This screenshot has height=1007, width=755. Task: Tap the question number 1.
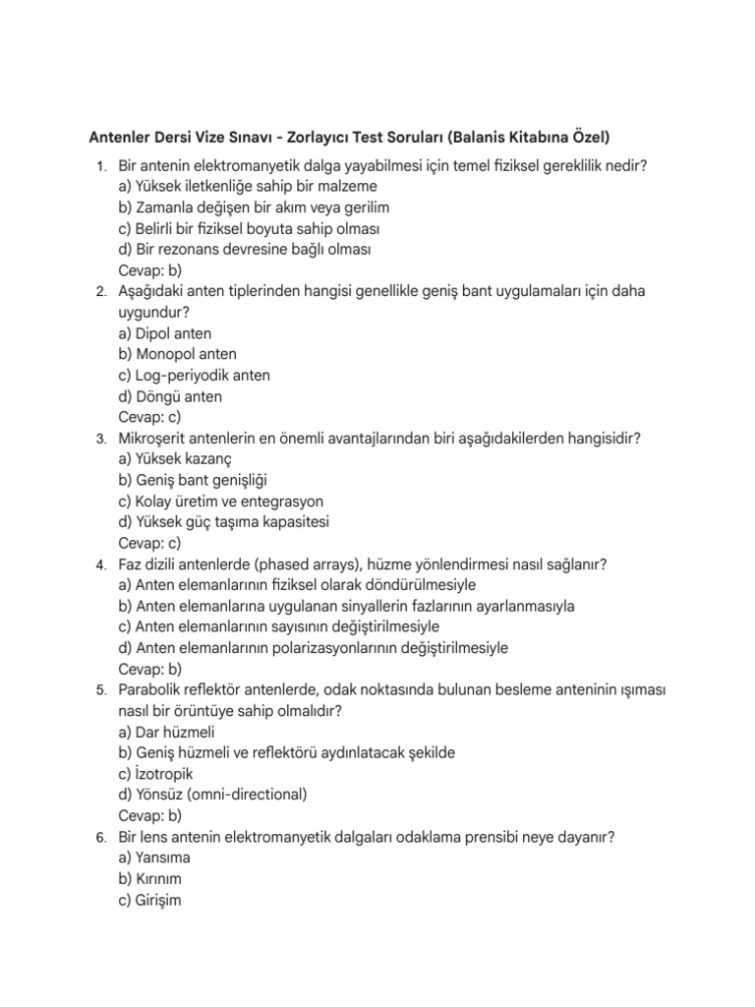click(101, 166)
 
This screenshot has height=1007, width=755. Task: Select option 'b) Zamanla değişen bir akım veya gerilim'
click(254, 207)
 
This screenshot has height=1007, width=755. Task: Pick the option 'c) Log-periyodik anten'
click(194, 376)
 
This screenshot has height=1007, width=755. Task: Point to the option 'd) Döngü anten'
click(170, 396)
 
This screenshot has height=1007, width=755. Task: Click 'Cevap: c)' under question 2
click(149, 417)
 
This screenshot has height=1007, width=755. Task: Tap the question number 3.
click(101, 439)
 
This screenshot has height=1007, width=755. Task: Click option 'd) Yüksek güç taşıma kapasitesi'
click(223, 522)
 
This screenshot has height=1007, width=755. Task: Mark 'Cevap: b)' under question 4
click(149, 669)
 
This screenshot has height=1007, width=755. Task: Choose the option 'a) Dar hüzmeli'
click(166, 732)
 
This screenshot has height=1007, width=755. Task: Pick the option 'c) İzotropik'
click(155, 774)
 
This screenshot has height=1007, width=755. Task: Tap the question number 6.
click(101, 837)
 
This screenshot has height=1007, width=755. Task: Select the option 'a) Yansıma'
click(155, 858)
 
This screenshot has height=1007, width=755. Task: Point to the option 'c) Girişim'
click(149, 900)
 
